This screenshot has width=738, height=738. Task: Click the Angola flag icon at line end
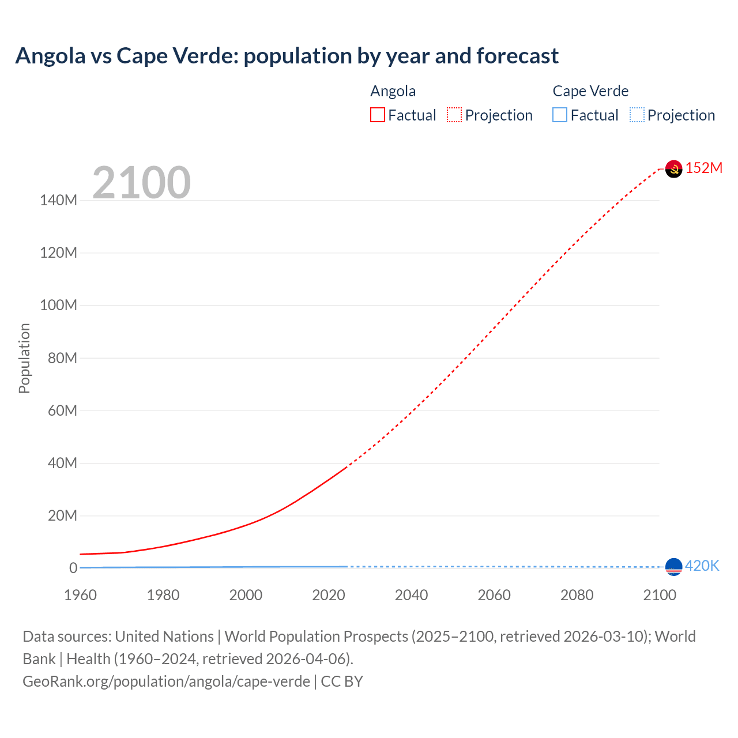click(x=673, y=169)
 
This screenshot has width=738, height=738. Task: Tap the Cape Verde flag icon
click(x=673, y=567)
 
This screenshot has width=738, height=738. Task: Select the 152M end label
click(x=704, y=168)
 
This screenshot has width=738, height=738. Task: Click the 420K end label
click(x=702, y=566)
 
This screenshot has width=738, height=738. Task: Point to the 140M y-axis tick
click(x=58, y=201)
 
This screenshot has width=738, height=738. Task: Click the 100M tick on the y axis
click(x=58, y=306)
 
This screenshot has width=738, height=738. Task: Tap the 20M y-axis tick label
click(x=62, y=515)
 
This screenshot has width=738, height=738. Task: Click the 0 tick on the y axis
click(x=73, y=568)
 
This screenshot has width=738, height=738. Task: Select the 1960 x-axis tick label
click(x=80, y=595)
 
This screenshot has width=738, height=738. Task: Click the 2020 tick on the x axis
click(x=329, y=595)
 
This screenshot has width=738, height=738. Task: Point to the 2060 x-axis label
click(x=494, y=595)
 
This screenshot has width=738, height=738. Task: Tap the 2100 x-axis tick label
click(x=660, y=595)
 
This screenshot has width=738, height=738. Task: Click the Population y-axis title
click(x=24, y=358)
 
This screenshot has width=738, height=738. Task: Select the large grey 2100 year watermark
click(x=141, y=183)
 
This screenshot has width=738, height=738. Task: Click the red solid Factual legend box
click(x=378, y=115)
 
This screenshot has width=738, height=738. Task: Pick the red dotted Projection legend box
click(x=454, y=115)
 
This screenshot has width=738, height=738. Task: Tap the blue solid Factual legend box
click(x=560, y=115)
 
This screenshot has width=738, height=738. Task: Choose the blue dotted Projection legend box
click(x=637, y=115)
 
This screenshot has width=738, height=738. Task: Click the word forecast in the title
click(x=517, y=56)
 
